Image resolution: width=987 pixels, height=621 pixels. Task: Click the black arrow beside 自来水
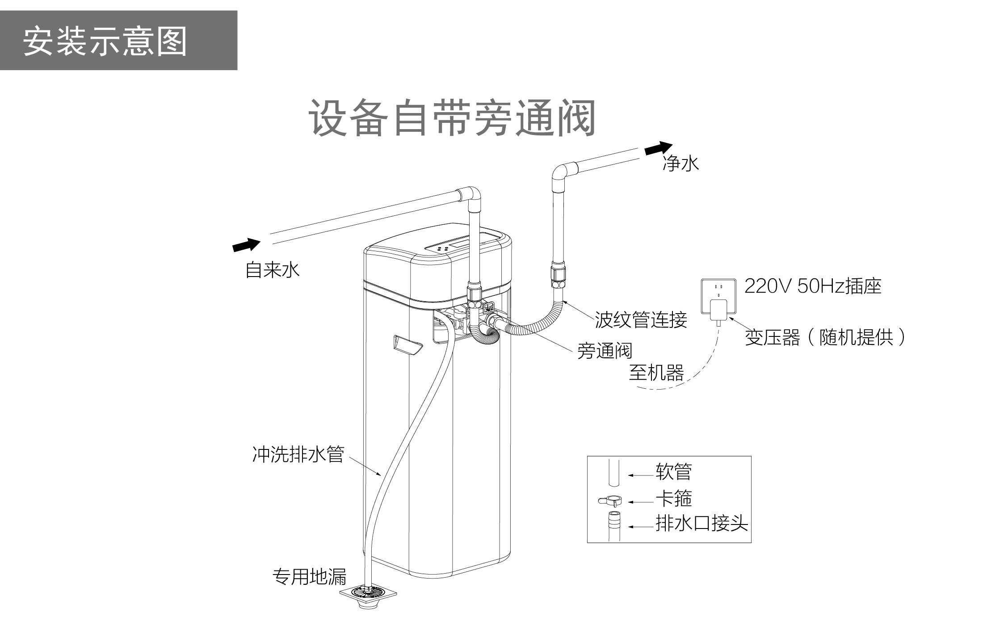pos(246,245)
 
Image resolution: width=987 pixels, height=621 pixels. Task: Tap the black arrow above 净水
pos(659,148)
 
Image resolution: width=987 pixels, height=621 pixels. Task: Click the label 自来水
pos(272,270)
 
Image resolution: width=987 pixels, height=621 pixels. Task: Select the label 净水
pos(680,164)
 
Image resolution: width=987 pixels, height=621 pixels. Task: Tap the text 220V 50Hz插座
pos(813,286)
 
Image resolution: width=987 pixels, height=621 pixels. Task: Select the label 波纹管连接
pos(641,320)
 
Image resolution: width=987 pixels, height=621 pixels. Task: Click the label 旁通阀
pos(605,351)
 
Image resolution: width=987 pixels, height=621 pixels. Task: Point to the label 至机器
pos(656,373)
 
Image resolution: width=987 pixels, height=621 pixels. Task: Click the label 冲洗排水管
pos(298,454)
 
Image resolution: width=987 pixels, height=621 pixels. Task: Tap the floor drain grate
pos(368,593)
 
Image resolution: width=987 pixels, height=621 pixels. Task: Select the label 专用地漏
pos(309,577)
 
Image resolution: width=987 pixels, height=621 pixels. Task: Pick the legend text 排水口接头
pos(701,523)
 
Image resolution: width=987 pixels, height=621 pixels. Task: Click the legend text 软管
pos(674,472)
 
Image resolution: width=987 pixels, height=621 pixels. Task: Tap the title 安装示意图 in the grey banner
pos(105,41)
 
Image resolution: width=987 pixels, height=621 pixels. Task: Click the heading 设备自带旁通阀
pos(452,118)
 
